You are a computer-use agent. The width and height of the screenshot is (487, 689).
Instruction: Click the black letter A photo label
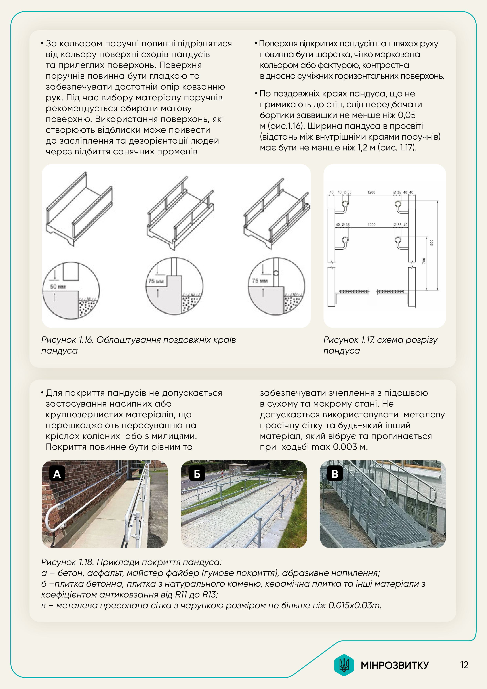[x=57, y=474]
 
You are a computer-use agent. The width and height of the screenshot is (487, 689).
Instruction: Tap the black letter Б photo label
[x=197, y=474]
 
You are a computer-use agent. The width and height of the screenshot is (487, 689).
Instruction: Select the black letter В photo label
[x=335, y=474]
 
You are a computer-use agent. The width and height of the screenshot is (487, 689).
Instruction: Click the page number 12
[x=464, y=665]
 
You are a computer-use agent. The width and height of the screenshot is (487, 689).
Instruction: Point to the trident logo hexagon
[x=344, y=665]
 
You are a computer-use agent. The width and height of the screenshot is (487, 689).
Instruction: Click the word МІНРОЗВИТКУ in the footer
[x=394, y=665]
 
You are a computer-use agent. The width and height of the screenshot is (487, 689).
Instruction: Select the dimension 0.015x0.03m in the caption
[x=355, y=605]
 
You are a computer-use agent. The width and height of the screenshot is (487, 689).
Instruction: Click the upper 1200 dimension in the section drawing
[x=371, y=192]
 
